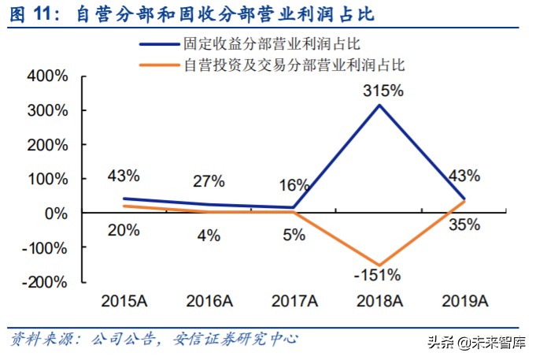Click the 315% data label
point(383,91)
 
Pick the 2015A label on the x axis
point(125,301)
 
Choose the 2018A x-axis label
point(380,301)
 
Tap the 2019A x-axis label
point(464,301)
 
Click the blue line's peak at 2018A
point(379,105)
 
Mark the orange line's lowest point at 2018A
point(379,265)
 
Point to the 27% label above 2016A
point(209,181)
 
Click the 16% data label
point(294,185)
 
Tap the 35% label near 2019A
point(464,225)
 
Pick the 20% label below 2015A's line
point(124,231)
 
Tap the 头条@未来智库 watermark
point(475,343)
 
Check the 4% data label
point(209,234)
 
